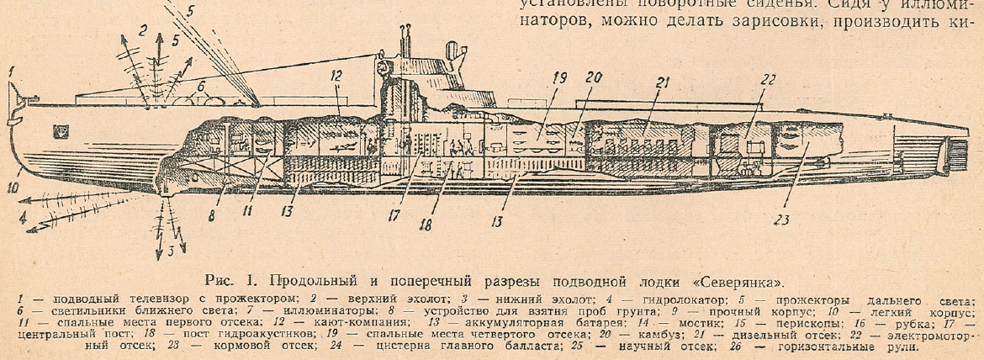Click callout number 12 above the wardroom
(x=336, y=76)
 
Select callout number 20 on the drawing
(x=594, y=78)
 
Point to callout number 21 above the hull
(x=663, y=82)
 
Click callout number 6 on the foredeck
(x=201, y=85)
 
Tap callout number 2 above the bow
(x=144, y=31)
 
